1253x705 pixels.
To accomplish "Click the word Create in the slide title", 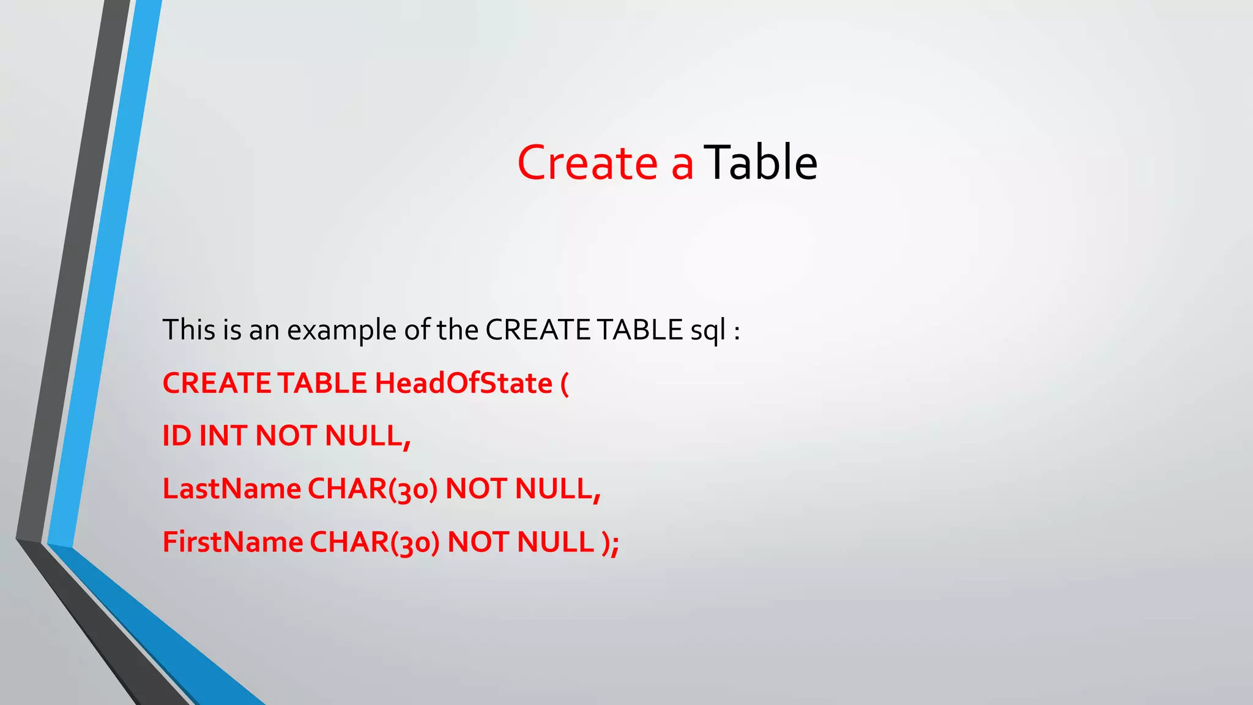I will point(587,163).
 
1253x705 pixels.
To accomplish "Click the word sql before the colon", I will point(708,331).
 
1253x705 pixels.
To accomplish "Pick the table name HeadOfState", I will point(463,384).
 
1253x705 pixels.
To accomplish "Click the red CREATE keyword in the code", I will point(217,384).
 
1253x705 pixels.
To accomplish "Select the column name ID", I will point(176,436).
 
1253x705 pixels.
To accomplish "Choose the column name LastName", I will point(231,489).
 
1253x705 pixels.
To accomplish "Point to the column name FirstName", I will point(232,542).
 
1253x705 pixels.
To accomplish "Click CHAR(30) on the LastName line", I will point(372,490).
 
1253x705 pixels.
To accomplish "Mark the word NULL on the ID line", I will point(363,436).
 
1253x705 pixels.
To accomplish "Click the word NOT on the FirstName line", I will point(478,542).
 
